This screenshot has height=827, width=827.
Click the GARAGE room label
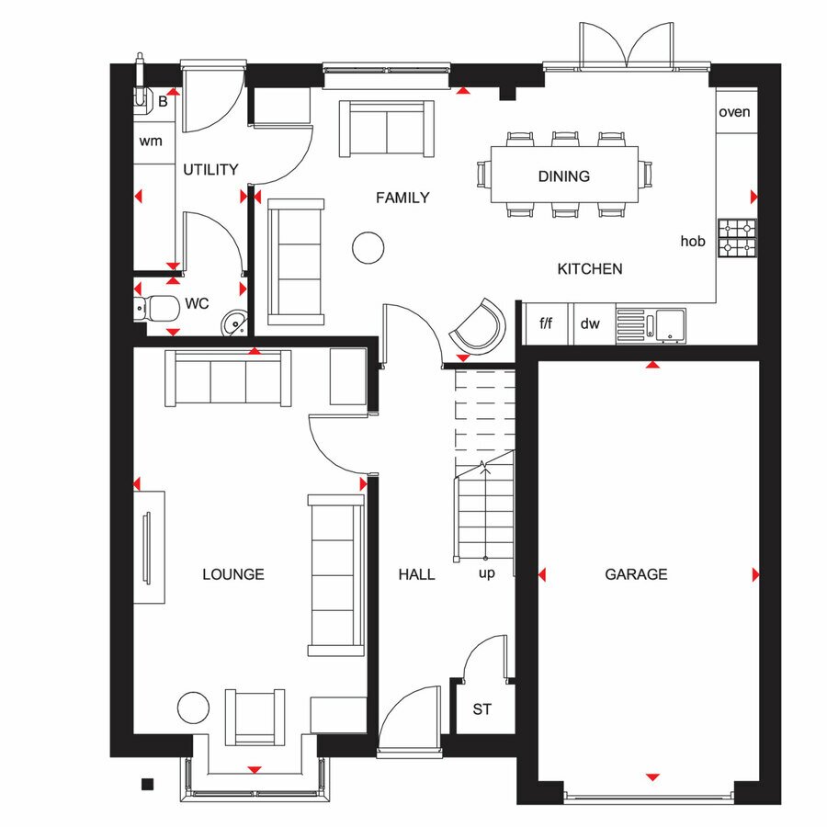636,573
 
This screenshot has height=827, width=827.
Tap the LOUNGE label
233,573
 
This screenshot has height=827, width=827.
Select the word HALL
416,573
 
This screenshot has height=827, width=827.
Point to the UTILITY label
210,169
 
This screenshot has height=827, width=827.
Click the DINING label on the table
564,176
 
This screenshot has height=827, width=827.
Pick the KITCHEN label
590,269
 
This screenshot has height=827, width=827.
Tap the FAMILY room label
402,198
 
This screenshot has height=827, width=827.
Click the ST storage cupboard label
482,709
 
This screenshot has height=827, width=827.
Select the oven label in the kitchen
734,112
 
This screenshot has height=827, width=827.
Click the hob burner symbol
737,238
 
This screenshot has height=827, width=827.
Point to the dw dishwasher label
590,323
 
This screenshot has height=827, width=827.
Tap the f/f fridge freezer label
546,323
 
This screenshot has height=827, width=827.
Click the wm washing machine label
151,142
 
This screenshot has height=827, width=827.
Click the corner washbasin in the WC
234,323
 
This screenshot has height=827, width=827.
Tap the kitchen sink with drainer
651,326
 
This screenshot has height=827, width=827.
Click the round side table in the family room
368,247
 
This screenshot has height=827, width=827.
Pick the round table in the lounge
194,708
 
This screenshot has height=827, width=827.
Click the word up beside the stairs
487,573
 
